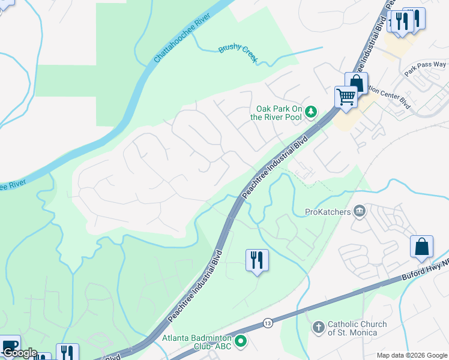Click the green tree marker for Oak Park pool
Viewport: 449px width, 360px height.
pyautogui.click(x=311, y=110)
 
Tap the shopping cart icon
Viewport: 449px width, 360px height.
pyautogui.click(x=345, y=96)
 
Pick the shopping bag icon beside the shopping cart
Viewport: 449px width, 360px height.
pyautogui.click(x=356, y=82)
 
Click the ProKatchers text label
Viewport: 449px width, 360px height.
pyautogui.click(x=328, y=211)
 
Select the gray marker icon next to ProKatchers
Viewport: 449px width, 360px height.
pyautogui.click(x=360, y=211)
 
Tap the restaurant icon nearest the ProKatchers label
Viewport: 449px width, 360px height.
pyautogui.click(x=257, y=260)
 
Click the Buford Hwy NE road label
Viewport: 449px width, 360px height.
pyautogui.click(x=425, y=271)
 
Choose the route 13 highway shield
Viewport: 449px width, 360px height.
pyautogui.click(x=267, y=323)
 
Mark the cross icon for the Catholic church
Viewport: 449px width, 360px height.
pyautogui.click(x=318, y=328)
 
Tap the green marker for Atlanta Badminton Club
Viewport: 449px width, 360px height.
pyautogui.click(x=241, y=342)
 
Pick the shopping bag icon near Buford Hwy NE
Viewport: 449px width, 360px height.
pyautogui.click(x=421, y=246)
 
